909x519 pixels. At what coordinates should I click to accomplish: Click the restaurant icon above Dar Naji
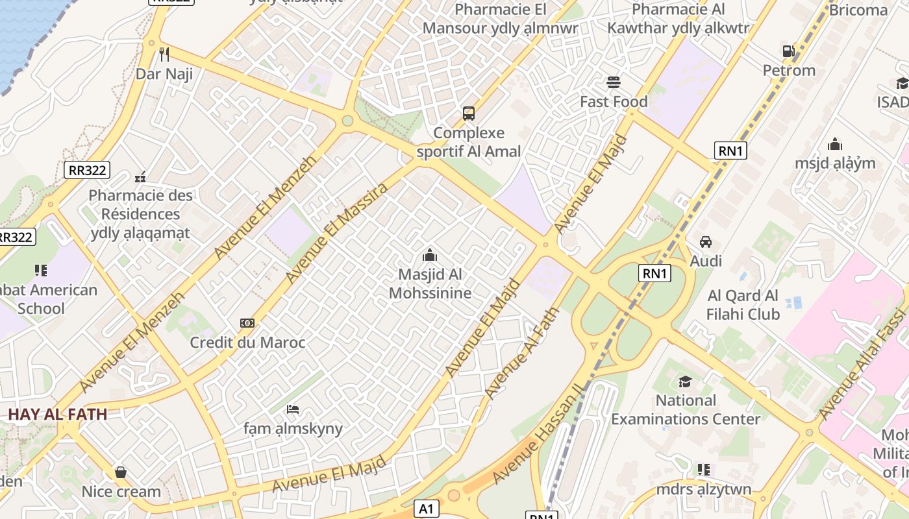[x=164, y=54]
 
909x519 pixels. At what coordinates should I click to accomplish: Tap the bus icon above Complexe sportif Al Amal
[x=469, y=114]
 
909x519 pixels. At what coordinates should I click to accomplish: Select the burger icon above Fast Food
[x=614, y=82]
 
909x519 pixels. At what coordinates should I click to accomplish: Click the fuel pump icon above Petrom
[x=788, y=51]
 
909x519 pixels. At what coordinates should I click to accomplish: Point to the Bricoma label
[x=858, y=10]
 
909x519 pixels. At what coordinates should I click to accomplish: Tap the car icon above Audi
[x=706, y=242]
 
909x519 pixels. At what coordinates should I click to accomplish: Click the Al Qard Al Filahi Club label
[x=743, y=305]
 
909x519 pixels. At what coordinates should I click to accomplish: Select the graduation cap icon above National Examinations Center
[x=685, y=381]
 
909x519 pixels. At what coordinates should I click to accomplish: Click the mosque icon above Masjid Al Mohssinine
[x=430, y=256]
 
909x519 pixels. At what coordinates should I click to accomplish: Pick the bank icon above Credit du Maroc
[x=247, y=323]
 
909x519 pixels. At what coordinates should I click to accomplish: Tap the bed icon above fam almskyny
[x=293, y=409]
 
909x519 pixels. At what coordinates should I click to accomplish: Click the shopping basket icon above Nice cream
[x=121, y=472]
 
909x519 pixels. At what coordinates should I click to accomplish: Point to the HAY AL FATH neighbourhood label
[x=57, y=414]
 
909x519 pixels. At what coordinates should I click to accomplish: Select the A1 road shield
[x=426, y=509]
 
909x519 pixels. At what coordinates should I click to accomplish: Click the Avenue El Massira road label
[x=336, y=232]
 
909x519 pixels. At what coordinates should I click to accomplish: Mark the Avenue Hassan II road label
[x=539, y=433]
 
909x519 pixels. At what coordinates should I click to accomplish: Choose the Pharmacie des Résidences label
[x=140, y=214]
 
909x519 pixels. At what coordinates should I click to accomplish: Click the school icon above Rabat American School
[x=41, y=271]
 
